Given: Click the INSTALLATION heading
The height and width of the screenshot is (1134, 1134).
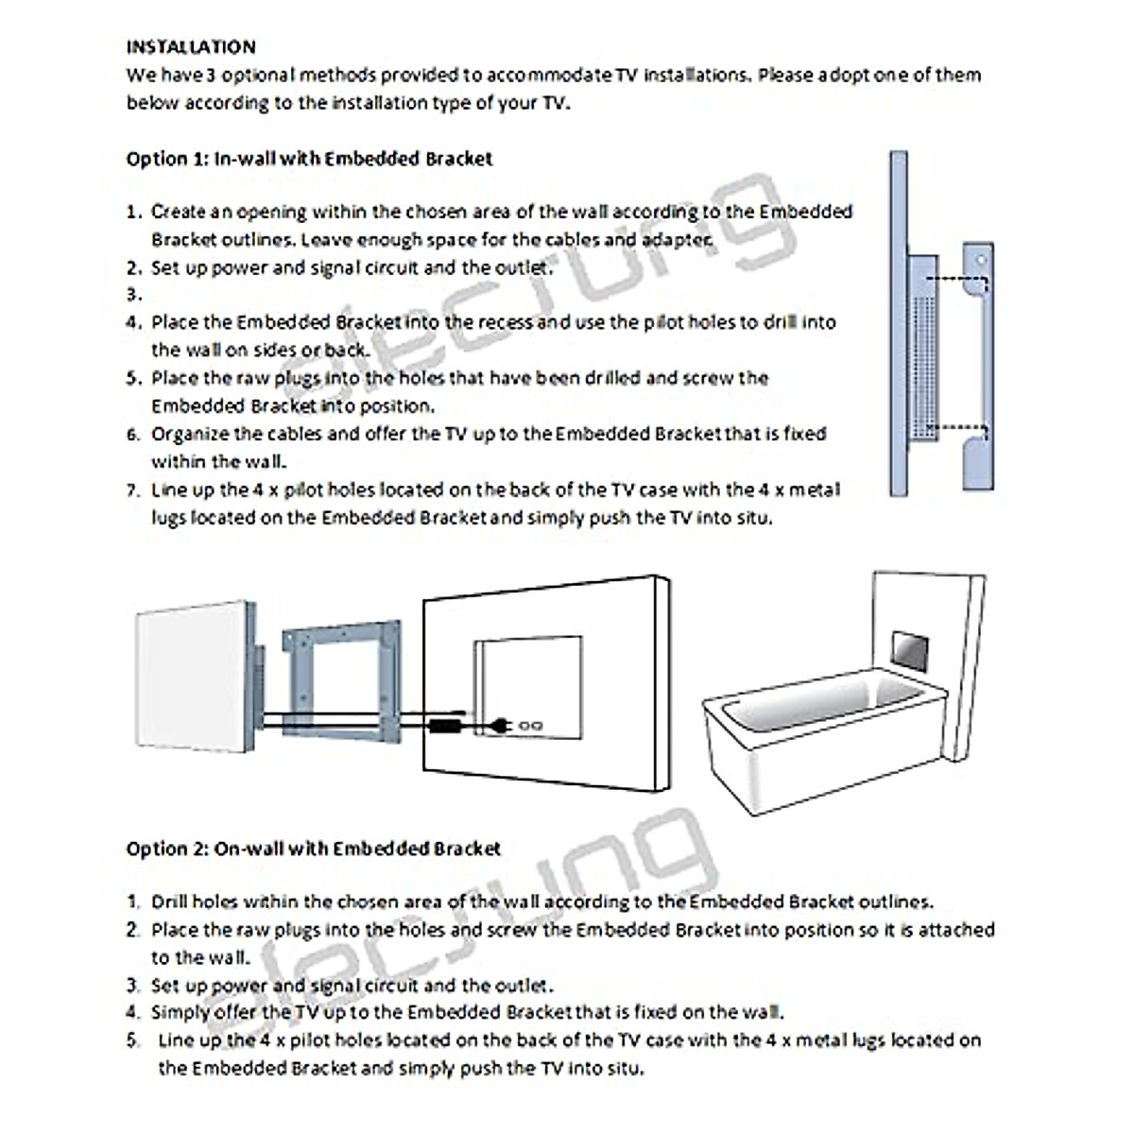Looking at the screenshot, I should [191, 46].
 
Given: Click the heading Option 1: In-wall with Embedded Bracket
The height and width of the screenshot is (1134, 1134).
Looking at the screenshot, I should [309, 159].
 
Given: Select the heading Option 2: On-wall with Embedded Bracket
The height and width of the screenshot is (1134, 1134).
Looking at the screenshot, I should [313, 849].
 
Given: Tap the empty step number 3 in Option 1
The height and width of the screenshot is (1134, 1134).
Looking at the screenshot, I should [134, 295].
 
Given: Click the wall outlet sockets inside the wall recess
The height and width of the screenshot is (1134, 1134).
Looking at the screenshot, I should [529, 726].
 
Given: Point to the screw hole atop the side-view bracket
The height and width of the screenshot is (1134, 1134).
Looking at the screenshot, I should [982, 258].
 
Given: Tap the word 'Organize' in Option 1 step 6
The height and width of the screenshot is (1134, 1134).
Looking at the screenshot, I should [189, 435].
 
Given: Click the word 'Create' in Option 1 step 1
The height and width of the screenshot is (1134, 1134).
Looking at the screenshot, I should [178, 212].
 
